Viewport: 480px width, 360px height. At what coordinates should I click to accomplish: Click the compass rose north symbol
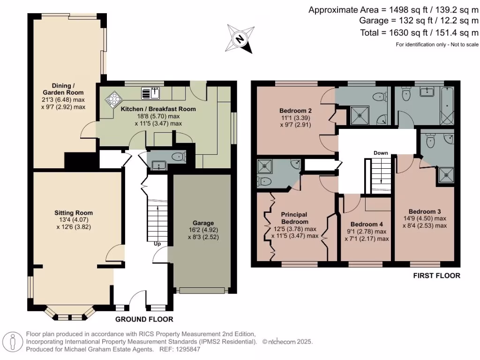pos(240,39)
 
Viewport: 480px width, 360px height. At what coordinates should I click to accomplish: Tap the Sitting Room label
pos(74,213)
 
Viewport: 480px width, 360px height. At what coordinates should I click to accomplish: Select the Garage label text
pos(203,223)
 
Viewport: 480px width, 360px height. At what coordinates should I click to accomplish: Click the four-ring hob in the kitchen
pos(114,98)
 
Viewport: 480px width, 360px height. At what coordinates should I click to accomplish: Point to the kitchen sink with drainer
pos(150,93)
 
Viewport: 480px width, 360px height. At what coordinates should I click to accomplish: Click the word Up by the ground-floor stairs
pos(157,244)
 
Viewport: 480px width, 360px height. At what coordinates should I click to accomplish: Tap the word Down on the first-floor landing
pos(381,153)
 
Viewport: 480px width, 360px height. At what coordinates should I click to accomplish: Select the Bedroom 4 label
pos(367,224)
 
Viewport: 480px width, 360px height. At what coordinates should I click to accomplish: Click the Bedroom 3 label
pos(425,211)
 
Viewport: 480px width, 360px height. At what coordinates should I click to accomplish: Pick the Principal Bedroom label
pos(294,218)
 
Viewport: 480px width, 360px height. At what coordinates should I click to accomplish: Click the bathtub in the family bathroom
pos(447,106)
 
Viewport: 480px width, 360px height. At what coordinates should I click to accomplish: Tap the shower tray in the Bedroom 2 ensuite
pos(360,115)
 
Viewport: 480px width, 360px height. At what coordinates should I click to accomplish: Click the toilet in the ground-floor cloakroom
pos(179,157)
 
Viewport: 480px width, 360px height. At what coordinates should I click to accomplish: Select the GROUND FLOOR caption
pos(144,319)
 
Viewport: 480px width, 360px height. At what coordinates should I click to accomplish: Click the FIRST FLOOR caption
pos(436,276)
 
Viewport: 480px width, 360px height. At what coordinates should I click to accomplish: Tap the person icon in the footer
pos(13,342)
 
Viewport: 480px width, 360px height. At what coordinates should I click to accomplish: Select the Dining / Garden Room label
pos(63,89)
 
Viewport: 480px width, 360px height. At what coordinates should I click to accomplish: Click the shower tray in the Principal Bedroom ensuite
pos(264,166)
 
